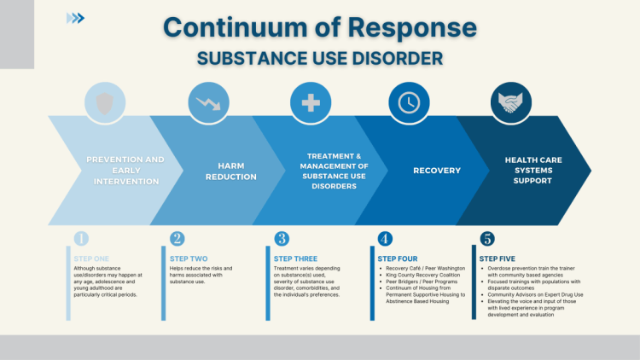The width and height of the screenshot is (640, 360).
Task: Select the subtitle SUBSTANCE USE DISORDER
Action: tap(319, 59)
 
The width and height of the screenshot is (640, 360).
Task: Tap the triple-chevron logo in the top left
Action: tap(76, 18)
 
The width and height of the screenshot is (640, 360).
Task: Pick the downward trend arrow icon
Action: tap(207, 103)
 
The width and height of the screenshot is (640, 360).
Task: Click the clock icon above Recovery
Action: tap(409, 103)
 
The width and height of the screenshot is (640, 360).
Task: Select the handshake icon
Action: tap(510, 103)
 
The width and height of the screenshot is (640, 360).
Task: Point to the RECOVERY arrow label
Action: tap(437, 171)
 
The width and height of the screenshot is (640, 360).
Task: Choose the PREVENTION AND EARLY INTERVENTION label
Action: tap(125, 170)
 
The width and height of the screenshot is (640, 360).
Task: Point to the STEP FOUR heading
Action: tap(398, 257)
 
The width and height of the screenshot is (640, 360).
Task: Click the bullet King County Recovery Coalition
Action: tap(423, 275)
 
